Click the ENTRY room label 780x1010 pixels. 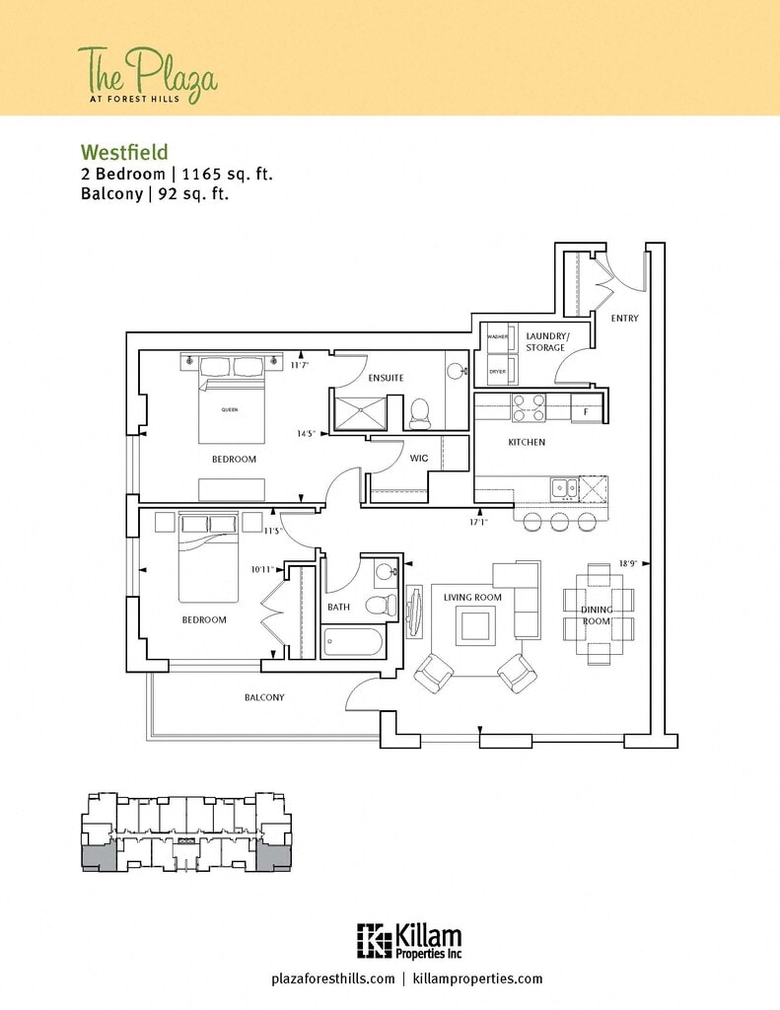(x=624, y=318)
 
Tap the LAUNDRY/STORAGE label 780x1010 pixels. (x=545, y=341)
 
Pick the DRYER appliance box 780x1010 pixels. (x=497, y=372)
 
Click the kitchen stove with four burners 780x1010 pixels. (x=529, y=406)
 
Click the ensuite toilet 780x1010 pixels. (x=419, y=412)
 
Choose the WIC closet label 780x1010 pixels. (x=418, y=458)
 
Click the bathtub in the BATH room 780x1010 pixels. (x=352, y=643)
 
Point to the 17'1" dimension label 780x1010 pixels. (x=478, y=523)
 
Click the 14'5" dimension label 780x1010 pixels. (x=306, y=433)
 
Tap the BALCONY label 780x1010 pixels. (x=264, y=697)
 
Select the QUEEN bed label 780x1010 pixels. (x=229, y=409)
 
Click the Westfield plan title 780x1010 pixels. (x=124, y=152)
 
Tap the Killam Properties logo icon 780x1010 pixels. (x=373, y=940)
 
